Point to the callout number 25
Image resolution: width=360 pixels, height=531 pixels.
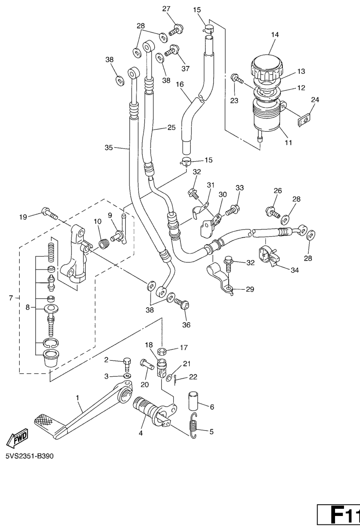tap(170, 127)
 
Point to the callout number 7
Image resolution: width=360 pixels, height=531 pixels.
tap(10, 298)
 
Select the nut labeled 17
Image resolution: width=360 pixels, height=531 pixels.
tap(162, 351)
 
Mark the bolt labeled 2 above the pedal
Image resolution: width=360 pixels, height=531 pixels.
tap(126, 363)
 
